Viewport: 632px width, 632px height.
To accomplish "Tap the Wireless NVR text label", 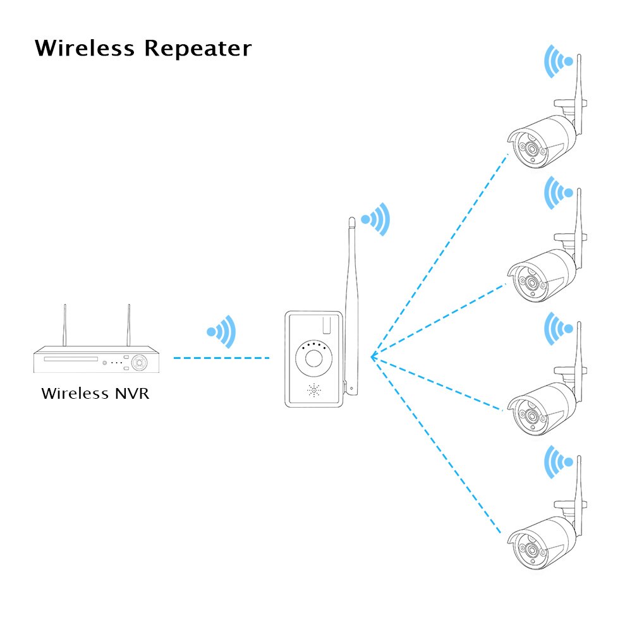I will tap(95, 393).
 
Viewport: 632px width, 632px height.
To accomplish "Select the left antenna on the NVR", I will tap(64, 325).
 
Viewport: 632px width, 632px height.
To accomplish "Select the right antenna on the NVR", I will tap(128, 325).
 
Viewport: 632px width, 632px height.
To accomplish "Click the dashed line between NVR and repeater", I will tap(221, 358).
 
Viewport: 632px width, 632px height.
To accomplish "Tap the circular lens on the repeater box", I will tap(313, 359).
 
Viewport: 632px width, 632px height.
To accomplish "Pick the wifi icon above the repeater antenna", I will tap(375, 219).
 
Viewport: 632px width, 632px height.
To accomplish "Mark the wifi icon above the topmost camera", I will tap(559, 61).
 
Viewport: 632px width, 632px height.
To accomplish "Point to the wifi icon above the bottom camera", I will tap(559, 462).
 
